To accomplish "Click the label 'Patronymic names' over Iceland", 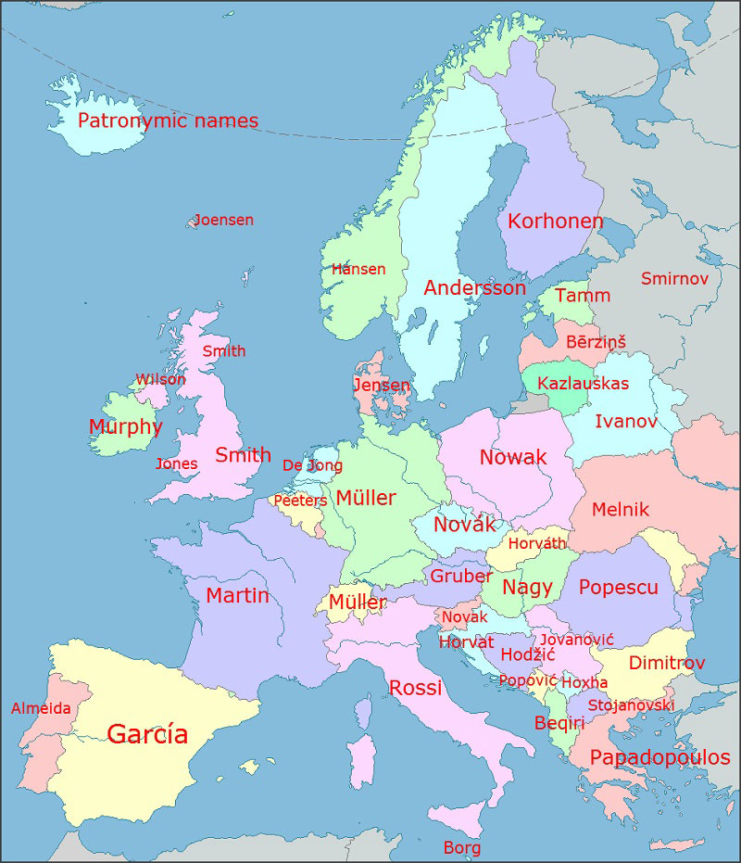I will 168,121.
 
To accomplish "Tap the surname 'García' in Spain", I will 147,734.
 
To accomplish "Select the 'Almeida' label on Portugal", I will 41,708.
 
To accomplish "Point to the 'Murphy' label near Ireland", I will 125,427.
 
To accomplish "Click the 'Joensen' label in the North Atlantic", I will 223,221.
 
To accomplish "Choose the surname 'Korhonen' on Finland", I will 555,222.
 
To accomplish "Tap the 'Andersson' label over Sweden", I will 474,288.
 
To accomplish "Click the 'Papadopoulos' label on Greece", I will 659,757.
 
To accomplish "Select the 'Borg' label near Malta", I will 461,847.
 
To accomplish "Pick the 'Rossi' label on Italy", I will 415,688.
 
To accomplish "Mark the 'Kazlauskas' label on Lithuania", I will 583,384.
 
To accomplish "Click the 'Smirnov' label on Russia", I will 674,278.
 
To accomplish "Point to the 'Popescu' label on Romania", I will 618,588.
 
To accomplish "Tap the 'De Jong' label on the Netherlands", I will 312,465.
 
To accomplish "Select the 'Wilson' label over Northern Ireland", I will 160,379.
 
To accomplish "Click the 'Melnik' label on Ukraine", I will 621,509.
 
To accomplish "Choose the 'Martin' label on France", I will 237,595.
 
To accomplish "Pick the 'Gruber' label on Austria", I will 460,576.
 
